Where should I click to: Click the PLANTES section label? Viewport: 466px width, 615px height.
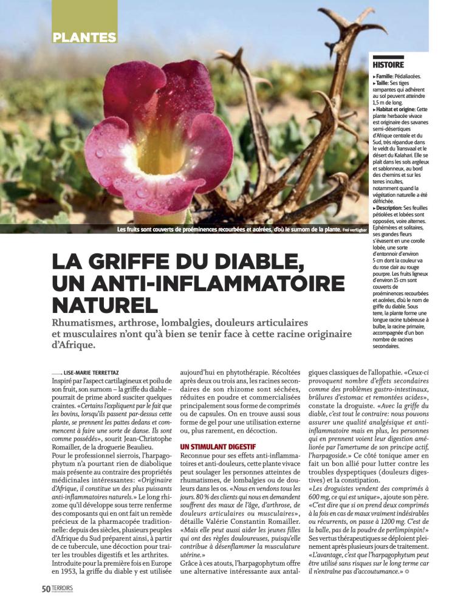(84, 37)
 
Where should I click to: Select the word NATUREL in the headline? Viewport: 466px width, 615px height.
(105, 304)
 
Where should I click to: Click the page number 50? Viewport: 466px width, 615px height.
(46, 589)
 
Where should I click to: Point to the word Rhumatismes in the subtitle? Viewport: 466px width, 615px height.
(91, 323)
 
